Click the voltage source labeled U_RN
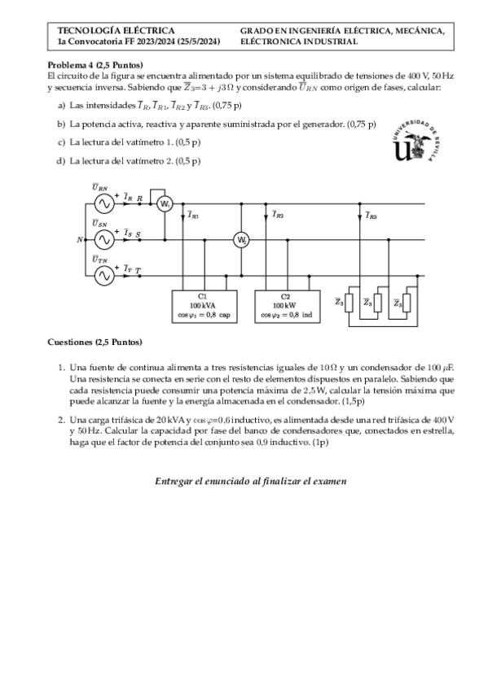103,203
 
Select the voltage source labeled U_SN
103,239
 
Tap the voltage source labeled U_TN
103,276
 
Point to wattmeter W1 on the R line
165,203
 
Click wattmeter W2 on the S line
241,239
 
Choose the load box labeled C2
285,305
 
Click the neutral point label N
79,240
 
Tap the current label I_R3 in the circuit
371,216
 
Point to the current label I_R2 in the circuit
279,216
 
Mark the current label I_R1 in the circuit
193,216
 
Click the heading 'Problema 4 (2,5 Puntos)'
95,64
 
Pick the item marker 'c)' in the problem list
61,142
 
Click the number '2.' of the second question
61,420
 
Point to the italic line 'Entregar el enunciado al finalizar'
250,481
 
